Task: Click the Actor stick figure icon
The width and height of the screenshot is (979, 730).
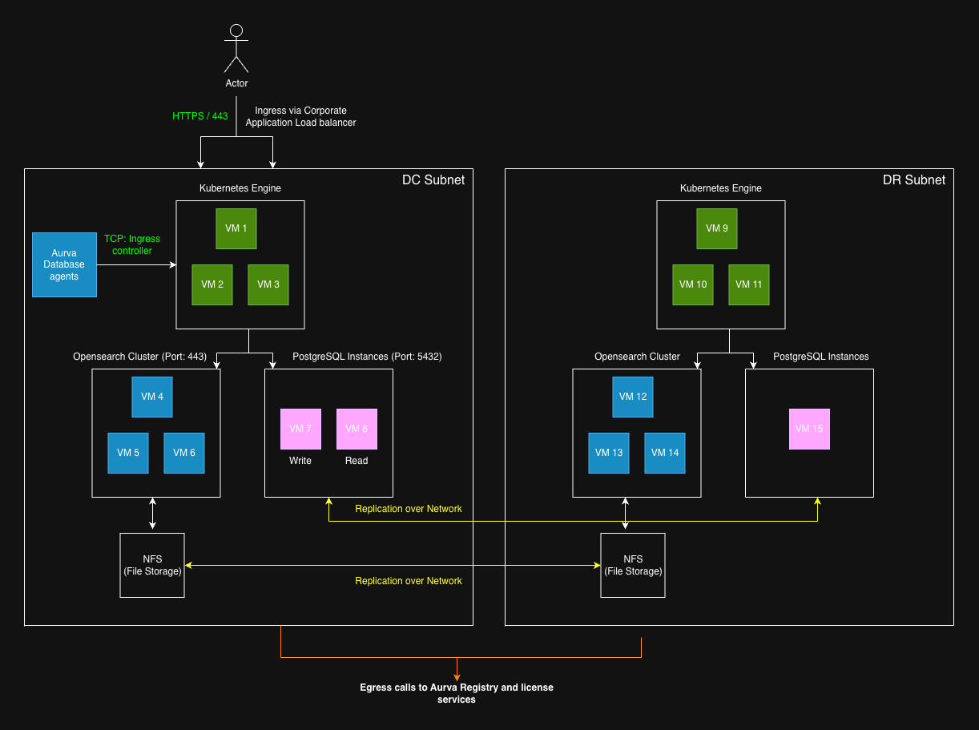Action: coord(236,50)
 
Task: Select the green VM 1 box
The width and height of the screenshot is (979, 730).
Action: coord(236,228)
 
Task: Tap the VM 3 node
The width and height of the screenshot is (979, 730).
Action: coord(268,284)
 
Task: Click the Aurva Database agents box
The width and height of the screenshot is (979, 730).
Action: coord(64,264)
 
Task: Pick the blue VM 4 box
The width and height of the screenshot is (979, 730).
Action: coord(152,397)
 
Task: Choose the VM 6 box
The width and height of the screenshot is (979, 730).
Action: coord(184,453)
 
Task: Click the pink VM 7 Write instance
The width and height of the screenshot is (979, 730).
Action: coord(300,429)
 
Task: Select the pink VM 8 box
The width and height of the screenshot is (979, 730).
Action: coord(357,429)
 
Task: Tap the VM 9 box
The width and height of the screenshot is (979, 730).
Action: coord(717,228)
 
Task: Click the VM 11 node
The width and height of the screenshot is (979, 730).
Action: coord(749,284)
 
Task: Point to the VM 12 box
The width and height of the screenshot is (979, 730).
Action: coord(633,397)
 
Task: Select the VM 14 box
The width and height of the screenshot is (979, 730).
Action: coord(665,453)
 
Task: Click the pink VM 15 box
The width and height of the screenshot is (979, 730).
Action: coord(809,429)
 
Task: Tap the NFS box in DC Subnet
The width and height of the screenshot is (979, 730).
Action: coord(152,565)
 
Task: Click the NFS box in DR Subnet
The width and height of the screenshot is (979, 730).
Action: coord(633,565)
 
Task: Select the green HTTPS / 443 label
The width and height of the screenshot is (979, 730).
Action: coord(200,116)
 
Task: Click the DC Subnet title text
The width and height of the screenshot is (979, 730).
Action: coord(433,180)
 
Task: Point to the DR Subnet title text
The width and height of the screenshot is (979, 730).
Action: coord(914,180)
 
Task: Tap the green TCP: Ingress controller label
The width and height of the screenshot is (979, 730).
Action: coord(132,244)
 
